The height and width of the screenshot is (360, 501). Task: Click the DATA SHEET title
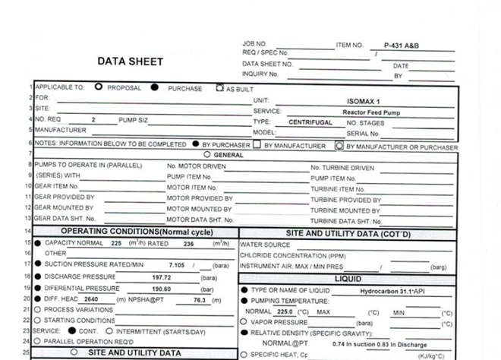[130, 62]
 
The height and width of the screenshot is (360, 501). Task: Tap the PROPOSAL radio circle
[99, 87]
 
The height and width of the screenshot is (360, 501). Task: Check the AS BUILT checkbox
[220, 87]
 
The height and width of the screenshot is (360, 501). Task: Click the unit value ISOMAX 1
[362, 100]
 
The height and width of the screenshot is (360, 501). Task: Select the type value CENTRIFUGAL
[310, 122]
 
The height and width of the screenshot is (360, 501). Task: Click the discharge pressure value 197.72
[163, 277]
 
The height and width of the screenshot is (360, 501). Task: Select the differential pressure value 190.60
[163, 289]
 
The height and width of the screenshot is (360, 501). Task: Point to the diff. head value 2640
[91, 299]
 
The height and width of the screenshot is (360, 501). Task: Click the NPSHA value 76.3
[200, 299]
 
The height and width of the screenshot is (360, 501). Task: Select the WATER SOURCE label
[265, 245]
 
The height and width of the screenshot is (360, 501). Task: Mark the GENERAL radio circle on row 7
[206, 154]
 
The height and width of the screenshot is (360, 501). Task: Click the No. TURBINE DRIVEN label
[342, 168]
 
